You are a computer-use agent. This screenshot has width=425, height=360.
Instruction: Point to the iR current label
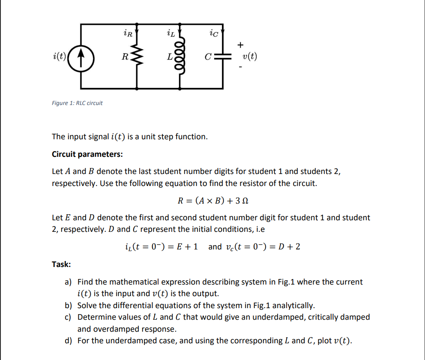pos(127,31)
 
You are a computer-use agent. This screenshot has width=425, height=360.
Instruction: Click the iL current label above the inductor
pos(170,31)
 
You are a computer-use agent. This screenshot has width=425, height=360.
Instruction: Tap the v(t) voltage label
pos(249,57)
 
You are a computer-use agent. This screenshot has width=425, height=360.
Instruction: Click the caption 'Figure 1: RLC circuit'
pos(77,103)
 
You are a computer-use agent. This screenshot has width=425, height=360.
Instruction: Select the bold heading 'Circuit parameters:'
pos(87,154)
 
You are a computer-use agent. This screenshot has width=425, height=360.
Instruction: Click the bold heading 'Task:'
pos(61,264)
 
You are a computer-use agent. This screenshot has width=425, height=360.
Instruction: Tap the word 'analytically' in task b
pos(293,306)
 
